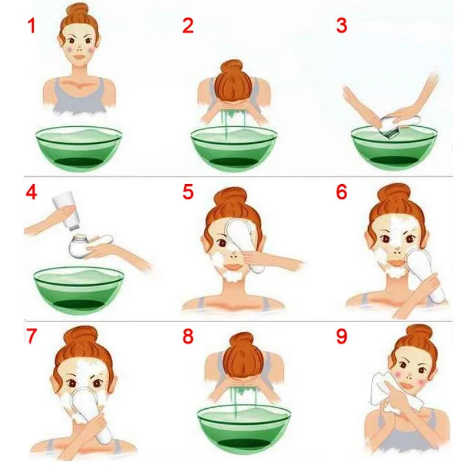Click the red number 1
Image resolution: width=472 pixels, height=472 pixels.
tap(32, 25)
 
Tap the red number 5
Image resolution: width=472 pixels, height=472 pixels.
tap(188, 192)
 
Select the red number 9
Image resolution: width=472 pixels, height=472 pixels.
tap(342, 336)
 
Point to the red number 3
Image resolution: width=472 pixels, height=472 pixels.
tap(342, 25)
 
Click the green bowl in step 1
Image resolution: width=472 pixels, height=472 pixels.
tap(79, 149)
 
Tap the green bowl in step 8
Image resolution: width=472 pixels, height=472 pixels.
tap(244, 430)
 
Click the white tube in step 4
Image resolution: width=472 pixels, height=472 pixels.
tap(67, 211)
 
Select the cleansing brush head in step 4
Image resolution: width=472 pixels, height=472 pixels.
tap(78, 245)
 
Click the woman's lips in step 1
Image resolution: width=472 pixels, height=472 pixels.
tap(80, 57)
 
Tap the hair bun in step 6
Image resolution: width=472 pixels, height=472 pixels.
tap(394, 196)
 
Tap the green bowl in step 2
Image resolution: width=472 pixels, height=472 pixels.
tap(234, 149)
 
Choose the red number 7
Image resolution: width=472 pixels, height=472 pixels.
tap(32, 336)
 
